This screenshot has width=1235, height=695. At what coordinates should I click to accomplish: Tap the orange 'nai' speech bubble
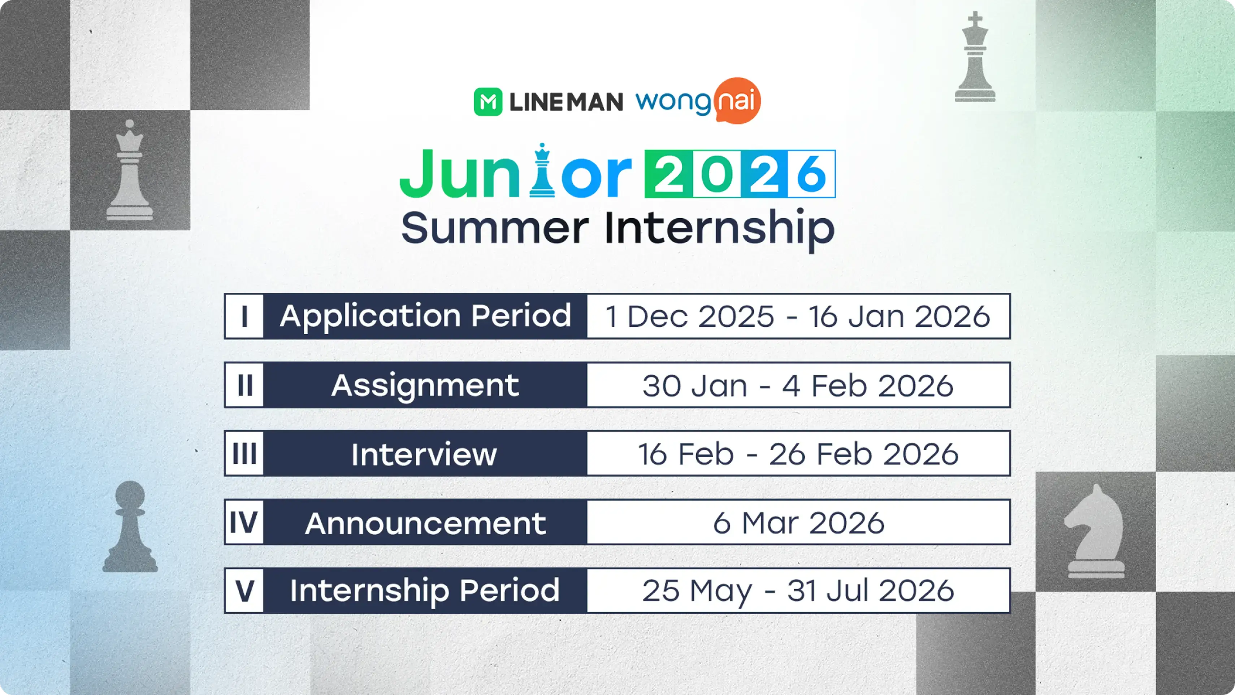tap(737, 101)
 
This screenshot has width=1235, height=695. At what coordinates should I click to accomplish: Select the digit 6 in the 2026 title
tap(811, 174)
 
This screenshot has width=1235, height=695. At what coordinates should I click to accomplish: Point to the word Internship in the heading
tap(719, 228)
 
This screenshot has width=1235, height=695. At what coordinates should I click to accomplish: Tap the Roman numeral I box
tap(244, 316)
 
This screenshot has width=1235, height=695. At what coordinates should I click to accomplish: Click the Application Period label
tap(425, 316)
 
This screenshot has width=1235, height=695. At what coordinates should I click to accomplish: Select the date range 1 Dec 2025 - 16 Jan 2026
tap(798, 316)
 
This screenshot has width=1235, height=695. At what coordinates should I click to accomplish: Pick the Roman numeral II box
tap(244, 385)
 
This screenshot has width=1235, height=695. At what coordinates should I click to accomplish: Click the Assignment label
tap(425, 385)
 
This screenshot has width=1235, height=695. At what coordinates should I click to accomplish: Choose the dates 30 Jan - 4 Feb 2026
tap(798, 385)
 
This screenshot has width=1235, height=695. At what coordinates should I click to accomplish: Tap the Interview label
tap(424, 454)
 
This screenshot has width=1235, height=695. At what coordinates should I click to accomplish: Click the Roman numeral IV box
tap(244, 522)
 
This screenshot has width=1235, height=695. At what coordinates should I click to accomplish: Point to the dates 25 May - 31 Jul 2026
tap(798, 590)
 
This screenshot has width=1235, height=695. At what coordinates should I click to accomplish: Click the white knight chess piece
tap(1096, 532)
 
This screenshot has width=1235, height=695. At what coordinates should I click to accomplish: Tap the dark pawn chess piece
tap(130, 527)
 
